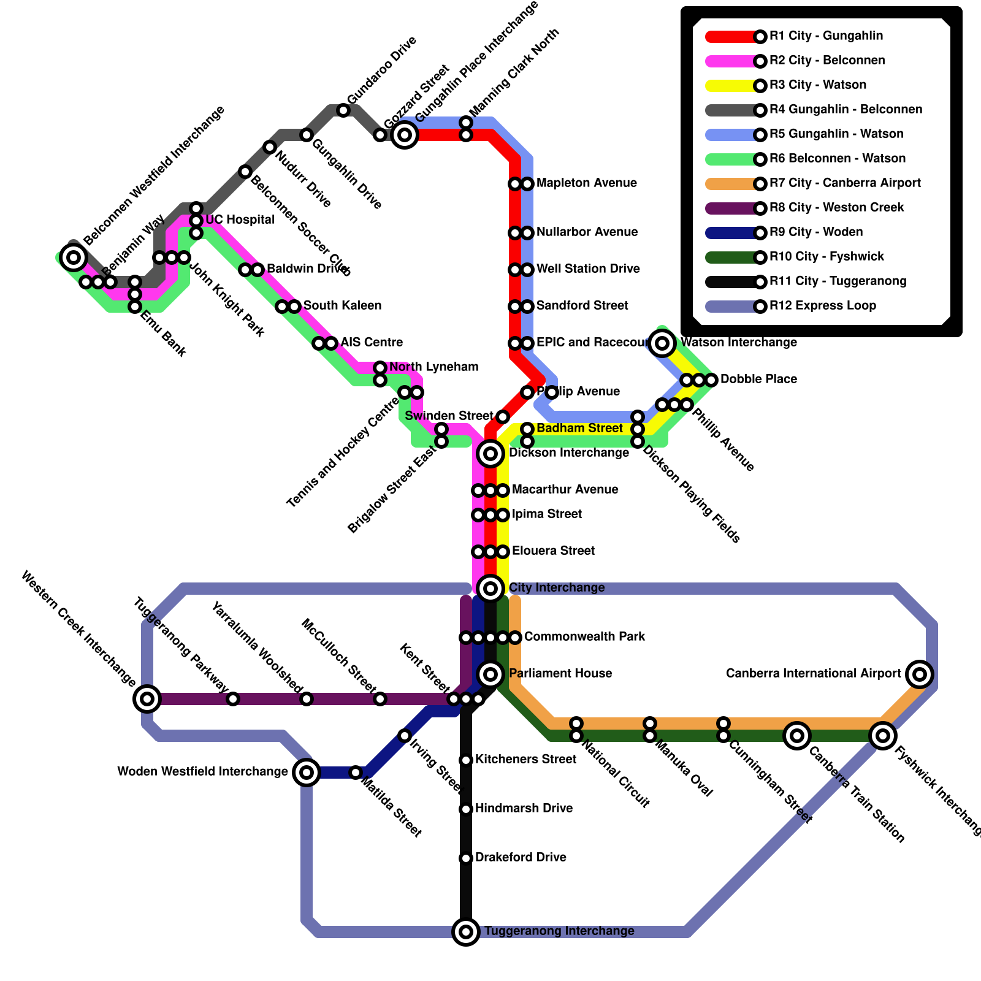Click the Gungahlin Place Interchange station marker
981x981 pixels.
405,134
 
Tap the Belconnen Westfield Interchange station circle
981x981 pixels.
74,257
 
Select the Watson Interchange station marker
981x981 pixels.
662,343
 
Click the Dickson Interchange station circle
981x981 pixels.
490,453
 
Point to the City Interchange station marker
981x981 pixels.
490,588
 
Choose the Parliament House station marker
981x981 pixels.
490,674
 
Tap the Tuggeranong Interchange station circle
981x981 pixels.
466,931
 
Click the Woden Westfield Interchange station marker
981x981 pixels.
307,772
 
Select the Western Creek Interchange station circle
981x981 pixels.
147,698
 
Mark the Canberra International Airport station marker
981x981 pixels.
920,674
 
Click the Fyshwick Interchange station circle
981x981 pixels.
883,735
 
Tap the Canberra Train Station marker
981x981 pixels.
797,735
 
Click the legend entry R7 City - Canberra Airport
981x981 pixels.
845,183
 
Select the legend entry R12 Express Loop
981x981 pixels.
822,306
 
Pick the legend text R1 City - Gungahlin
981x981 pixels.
826,36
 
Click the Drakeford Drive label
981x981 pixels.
521,857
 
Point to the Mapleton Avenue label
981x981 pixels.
586,183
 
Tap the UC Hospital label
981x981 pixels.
240,220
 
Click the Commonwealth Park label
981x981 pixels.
584,637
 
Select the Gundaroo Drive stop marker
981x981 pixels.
343,110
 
